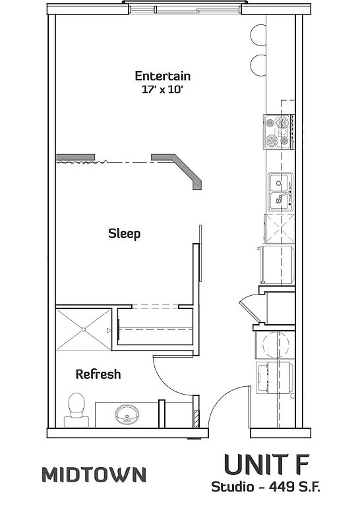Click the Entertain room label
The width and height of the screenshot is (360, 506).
[162, 76]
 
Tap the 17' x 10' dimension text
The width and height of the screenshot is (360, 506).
[162, 90]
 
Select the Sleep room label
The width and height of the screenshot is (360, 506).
[125, 234]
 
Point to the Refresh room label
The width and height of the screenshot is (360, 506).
[98, 374]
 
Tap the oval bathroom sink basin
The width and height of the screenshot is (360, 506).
[127, 414]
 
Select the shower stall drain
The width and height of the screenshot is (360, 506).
[84, 329]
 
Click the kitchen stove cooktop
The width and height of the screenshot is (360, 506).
[279, 132]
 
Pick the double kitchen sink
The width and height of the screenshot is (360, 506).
[281, 192]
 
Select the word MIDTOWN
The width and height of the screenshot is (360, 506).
[94, 474]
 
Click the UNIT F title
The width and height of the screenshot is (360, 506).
[266, 464]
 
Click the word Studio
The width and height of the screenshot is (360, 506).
[233, 487]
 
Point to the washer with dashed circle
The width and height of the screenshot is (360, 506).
[275, 345]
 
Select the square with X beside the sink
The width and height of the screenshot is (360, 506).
[280, 229]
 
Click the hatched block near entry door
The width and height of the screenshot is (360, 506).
[196, 419]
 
